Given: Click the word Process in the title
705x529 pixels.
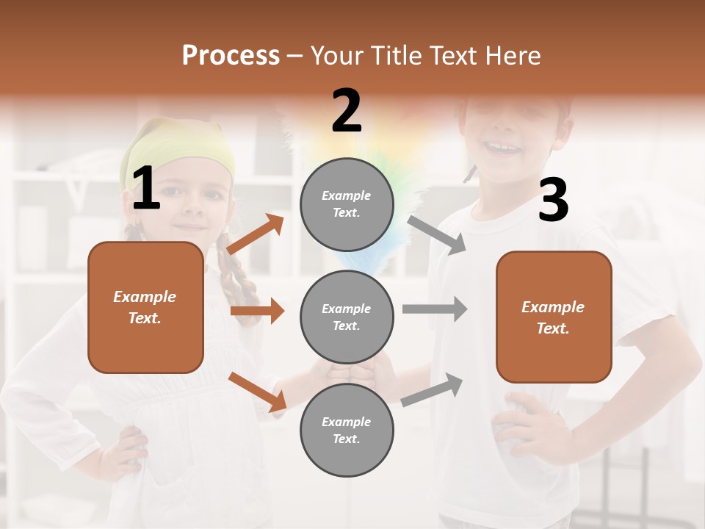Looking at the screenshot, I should (231, 56).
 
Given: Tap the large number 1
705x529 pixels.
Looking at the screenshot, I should (146, 189).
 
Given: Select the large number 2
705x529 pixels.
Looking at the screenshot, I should (347, 111).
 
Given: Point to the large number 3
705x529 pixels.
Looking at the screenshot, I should (553, 200).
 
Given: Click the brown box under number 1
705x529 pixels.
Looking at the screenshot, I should (145, 307).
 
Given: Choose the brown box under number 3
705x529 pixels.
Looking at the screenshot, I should (554, 317).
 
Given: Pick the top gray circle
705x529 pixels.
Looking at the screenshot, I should (347, 204).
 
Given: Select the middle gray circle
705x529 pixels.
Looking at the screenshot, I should (347, 317).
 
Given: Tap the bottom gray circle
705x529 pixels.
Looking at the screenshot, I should (347, 430).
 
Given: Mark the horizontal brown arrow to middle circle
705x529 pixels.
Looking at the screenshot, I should (257, 311).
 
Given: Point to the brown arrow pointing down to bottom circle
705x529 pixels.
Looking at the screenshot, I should (258, 392).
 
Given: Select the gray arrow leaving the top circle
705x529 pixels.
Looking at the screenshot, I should (437, 234).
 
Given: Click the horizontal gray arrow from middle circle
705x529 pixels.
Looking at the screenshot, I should (434, 309).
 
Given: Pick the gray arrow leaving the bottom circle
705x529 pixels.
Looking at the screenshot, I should (432, 390).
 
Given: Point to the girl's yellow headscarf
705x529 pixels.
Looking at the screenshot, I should (180, 151).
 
